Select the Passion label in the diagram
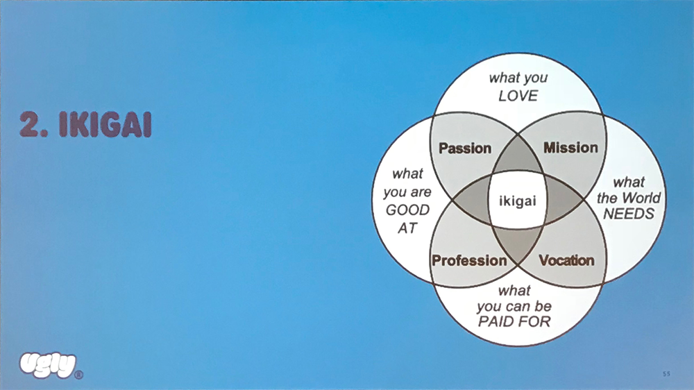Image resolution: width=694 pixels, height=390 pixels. click(465, 148)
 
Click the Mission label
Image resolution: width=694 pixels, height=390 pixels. click(570, 147)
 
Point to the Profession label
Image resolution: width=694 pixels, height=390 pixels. click(470, 261)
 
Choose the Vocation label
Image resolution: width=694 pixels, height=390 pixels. click(567, 261)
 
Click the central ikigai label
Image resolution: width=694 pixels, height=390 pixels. click(518, 201)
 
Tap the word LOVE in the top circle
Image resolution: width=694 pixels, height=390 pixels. click(518, 96)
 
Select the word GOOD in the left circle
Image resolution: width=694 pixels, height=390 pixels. click(407, 210)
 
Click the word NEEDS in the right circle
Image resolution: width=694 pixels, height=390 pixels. click(628, 214)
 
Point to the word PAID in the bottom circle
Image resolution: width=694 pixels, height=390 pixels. click(497, 321)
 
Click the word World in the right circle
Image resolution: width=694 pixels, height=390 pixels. click(641, 198)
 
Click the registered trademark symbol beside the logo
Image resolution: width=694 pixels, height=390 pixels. click(78, 375)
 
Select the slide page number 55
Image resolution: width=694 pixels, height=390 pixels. click(666, 374)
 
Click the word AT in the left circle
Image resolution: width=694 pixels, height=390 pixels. click(407, 227)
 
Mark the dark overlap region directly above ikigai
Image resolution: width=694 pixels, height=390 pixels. click(518, 161)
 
